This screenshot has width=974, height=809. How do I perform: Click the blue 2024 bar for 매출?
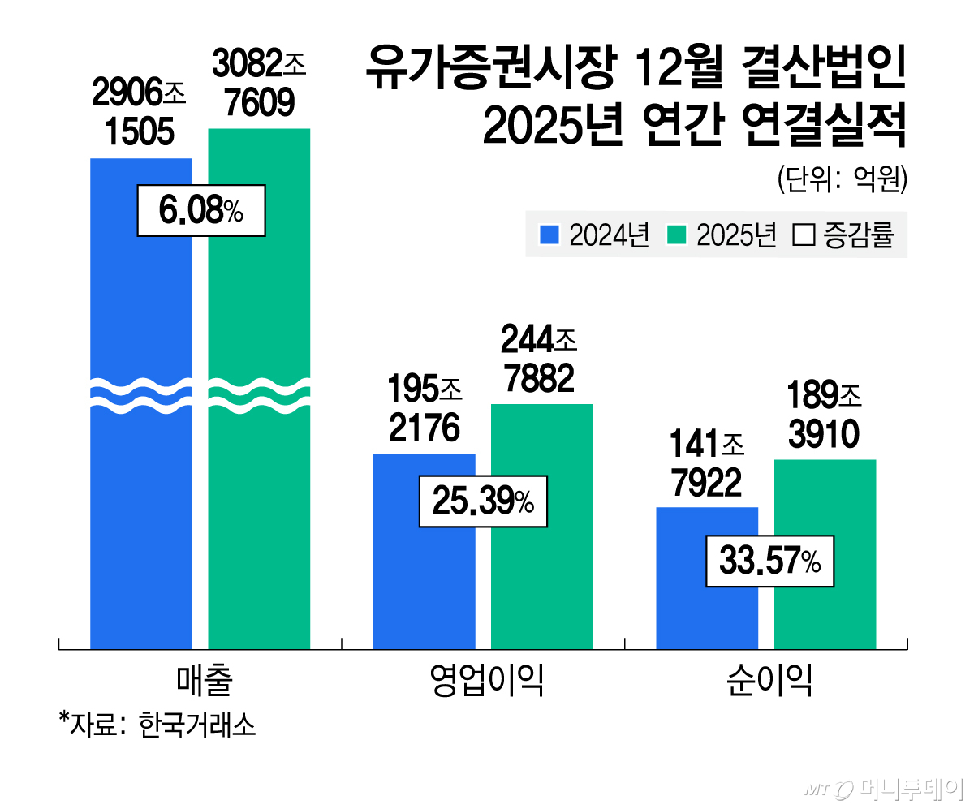coord(140,487)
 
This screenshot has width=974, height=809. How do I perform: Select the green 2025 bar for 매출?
coord(259,487)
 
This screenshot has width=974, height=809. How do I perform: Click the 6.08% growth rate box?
coord(200,211)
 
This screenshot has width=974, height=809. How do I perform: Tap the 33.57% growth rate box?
coord(769,561)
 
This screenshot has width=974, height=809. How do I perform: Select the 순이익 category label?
coord(769,682)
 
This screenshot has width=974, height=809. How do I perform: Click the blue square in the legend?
coord(550,236)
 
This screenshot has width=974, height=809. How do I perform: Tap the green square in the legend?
coord(677,236)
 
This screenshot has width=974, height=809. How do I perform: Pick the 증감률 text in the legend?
coord(858,236)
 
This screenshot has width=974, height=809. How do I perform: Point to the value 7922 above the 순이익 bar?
coord(706,484)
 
